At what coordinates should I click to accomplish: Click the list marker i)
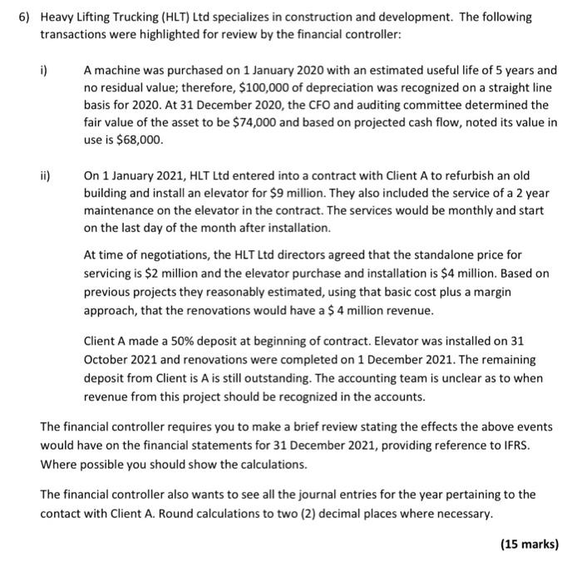[x=45, y=72]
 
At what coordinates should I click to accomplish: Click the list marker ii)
[x=46, y=176]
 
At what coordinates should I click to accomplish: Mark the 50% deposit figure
[x=177, y=342]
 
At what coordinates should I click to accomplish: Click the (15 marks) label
[x=529, y=545]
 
